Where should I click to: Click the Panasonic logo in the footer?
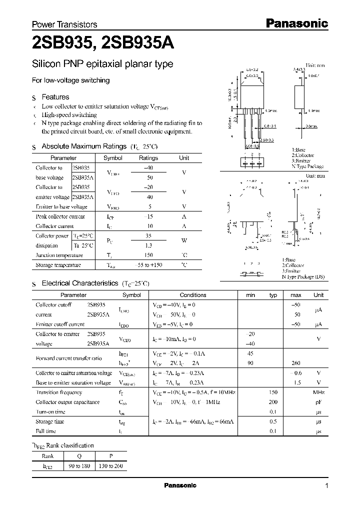(180, 485)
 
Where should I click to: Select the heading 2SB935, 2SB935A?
(102, 44)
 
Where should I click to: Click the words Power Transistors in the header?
(64, 24)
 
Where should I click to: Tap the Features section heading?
(55, 97)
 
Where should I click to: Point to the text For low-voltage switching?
(70, 80)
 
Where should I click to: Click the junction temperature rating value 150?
(148, 255)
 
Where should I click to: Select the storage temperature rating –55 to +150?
(148, 265)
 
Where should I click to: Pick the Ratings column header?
(148, 158)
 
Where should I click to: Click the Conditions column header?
(193, 295)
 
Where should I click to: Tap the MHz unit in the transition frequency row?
(318, 392)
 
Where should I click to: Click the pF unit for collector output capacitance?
(318, 402)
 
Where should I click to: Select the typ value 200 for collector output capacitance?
(273, 402)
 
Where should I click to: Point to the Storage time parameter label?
(50, 421)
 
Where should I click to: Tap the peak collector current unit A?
(184, 216)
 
